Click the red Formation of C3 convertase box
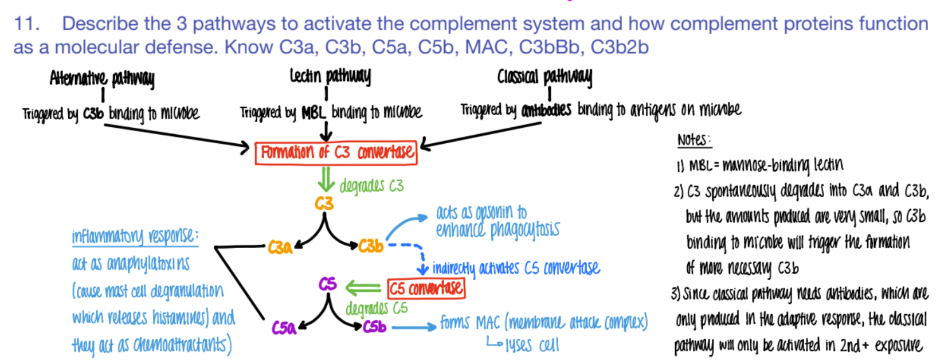336,153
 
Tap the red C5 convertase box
426,288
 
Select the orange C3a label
280,247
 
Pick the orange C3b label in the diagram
371,246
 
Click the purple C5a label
284,328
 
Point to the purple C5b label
375,327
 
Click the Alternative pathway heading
101,77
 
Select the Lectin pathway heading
330,75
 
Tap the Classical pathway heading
544,76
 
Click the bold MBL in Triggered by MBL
313,112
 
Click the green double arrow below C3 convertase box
326,179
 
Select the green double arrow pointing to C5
362,287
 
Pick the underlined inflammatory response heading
135,236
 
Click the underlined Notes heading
694,140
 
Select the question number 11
26,24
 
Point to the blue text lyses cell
532,345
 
